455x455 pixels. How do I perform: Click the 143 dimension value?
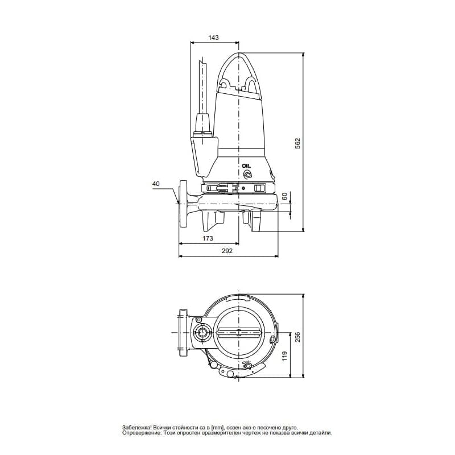[x=214, y=38]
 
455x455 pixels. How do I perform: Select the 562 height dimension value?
[x=297, y=144]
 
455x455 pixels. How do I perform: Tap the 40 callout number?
[x=156, y=184]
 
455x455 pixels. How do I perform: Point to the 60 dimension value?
[x=284, y=196]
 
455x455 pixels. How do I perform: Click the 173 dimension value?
[x=208, y=238]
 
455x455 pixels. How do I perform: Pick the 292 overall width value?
[x=227, y=251]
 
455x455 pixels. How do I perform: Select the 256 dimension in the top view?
[x=297, y=337]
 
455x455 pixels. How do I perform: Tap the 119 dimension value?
[x=284, y=356]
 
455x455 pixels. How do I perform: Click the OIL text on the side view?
[x=247, y=166]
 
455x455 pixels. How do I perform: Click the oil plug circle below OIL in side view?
[x=247, y=175]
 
